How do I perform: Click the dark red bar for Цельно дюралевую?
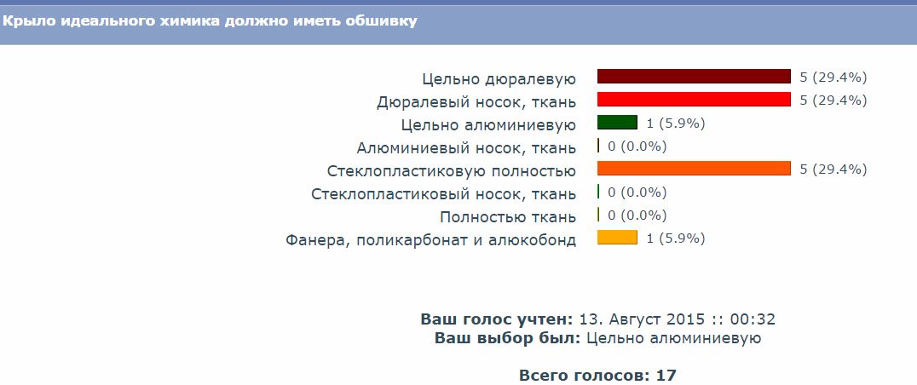694,77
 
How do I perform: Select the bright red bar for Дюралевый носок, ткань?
694,100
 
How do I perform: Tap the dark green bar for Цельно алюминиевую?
617,122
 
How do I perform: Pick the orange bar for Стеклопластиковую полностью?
694,169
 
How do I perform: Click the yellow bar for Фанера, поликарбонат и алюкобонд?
617,237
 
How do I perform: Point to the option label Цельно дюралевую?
499,79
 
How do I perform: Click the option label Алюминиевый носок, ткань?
466,148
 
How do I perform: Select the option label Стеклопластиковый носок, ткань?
444,194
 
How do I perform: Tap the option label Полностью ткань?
508,216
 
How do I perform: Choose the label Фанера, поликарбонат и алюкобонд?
431,240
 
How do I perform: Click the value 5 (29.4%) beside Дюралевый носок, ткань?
833,100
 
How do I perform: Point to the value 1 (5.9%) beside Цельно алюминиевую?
676,124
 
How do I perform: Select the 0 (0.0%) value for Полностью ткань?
637,215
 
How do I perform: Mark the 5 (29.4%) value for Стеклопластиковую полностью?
833,170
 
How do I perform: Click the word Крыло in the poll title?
21,21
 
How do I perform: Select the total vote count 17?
666,375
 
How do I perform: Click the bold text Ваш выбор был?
508,338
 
